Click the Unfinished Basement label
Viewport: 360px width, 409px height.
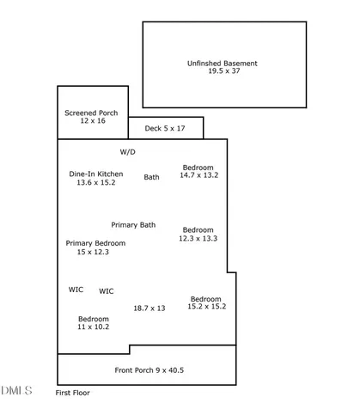223,64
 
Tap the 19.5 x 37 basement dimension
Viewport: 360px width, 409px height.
224,70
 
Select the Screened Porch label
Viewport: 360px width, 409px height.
91,113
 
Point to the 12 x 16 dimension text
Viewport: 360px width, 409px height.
93,120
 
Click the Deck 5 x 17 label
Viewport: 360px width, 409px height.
165,128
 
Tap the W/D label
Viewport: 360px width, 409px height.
128,152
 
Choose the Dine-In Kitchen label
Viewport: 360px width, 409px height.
96,174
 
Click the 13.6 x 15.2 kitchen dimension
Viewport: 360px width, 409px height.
96,182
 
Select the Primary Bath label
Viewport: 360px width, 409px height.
133,225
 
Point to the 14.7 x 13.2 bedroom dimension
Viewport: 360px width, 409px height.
199,175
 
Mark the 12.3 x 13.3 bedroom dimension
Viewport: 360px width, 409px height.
198,238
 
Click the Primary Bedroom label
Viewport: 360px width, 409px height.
95,243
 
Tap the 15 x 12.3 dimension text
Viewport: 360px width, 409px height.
93,252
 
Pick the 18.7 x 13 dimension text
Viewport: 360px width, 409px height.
149,308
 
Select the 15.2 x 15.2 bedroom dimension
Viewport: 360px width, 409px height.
207,307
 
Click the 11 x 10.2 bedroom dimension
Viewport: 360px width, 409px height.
94,327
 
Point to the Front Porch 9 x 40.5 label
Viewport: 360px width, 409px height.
149,370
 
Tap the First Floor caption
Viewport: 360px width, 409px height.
73,393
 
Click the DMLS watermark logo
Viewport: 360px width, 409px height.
16,391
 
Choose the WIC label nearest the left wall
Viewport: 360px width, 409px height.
76,290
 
